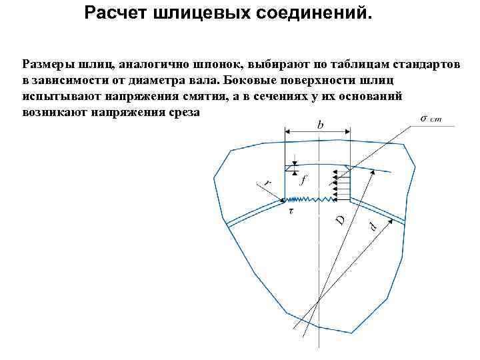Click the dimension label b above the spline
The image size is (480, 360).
320,124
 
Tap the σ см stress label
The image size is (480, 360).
429,119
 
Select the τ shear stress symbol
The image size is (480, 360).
291,210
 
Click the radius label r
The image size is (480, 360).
268,181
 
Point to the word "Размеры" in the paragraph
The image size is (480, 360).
47,65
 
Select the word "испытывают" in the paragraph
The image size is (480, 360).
57,96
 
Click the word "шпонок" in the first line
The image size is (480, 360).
220,65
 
